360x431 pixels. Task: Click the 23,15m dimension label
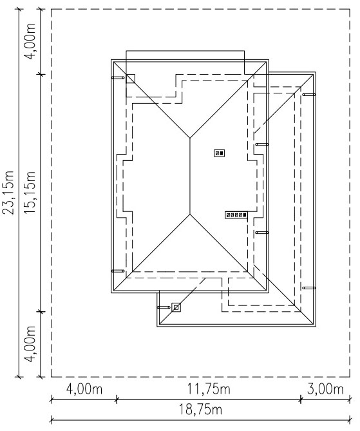(x=8, y=192)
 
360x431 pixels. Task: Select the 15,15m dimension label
(x=30, y=192)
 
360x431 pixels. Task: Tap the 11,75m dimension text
(x=209, y=389)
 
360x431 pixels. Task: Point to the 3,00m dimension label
(x=325, y=389)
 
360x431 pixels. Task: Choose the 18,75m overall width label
(x=200, y=410)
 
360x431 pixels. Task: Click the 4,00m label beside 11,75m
(x=84, y=389)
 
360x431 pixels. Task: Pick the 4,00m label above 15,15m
(x=30, y=41)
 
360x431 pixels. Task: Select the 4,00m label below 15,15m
(x=30, y=344)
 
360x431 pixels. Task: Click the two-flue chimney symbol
(x=220, y=153)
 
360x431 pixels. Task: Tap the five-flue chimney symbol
(x=236, y=215)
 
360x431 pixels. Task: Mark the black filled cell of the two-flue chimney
(x=222, y=153)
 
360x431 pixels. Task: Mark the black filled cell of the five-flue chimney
(x=245, y=215)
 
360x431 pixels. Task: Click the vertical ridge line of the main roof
(x=190, y=176)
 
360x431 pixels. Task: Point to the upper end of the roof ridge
(x=190, y=138)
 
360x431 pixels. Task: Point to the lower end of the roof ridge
(x=190, y=214)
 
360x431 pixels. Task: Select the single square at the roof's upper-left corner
(x=130, y=79)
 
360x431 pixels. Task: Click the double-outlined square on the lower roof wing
(x=176, y=307)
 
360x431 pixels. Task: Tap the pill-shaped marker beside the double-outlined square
(x=164, y=307)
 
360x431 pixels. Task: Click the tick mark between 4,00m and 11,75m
(x=117, y=399)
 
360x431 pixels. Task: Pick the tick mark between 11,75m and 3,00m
(x=301, y=399)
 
